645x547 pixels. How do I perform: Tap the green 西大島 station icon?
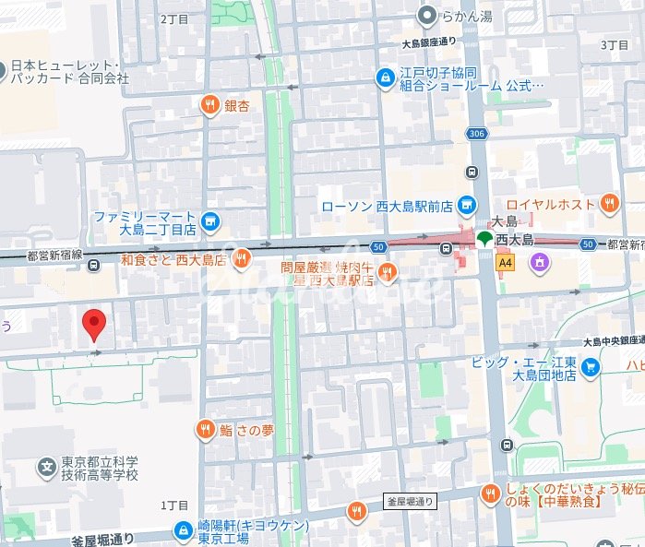pyautogui.click(x=484, y=239)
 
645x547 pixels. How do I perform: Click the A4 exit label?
pyautogui.click(x=505, y=263)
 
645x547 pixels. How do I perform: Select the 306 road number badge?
pyautogui.click(x=476, y=134)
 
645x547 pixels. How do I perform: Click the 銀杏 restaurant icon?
pyautogui.click(x=211, y=105)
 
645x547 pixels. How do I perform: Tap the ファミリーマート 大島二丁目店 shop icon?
pyautogui.click(x=210, y=220)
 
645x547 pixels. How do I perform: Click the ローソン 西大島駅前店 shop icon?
pyautogui.click(x=468, y=204)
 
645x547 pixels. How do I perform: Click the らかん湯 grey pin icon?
pyautogui.click(x=427, y=15)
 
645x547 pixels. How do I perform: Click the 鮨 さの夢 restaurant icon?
pyautogui.click(x=205, y=429)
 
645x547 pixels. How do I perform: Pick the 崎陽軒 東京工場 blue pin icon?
pyautogui.click(x=184, y=530)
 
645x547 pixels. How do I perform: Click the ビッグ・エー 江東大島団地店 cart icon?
pyautogui.click(x=591, y=367)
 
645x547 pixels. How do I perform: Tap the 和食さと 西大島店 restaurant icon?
pyautogui.click(x=241, y=259)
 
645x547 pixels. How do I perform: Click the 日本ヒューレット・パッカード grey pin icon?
pyautogui.click(x=3, y=67)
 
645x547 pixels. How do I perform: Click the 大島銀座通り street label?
pyautogui.click(x=429, y=42)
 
